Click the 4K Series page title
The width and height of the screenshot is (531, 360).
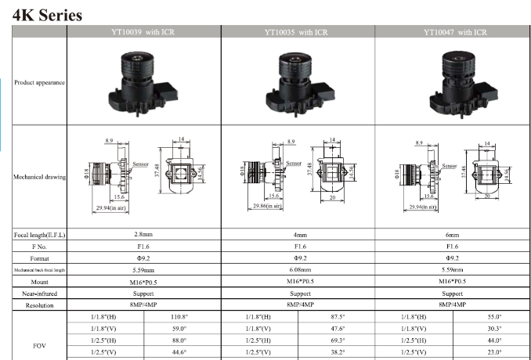(x=48, y=15)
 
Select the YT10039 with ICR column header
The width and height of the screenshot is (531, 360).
(x=144, y=32)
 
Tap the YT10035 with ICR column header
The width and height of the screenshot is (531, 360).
(x=297, y=32)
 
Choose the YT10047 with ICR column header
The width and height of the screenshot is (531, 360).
(x=454, y=32)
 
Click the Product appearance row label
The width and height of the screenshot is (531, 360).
(x=39, y=82)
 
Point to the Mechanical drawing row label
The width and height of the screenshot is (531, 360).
(x=39, y=177)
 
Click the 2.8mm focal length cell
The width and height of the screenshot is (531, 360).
(x=144, y=235)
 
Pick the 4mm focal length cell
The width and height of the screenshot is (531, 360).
(x=298, y=235)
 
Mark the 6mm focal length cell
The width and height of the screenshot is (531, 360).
(x=453, y=235)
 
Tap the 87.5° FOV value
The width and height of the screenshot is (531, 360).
(x=338, y=317)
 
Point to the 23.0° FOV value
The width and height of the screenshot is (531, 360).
(x=493, y=352)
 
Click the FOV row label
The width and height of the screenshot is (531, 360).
(x=39, y=344)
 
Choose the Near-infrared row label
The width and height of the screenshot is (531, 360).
(x=39, y=293)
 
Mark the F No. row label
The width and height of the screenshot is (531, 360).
(x=39, y=247)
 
